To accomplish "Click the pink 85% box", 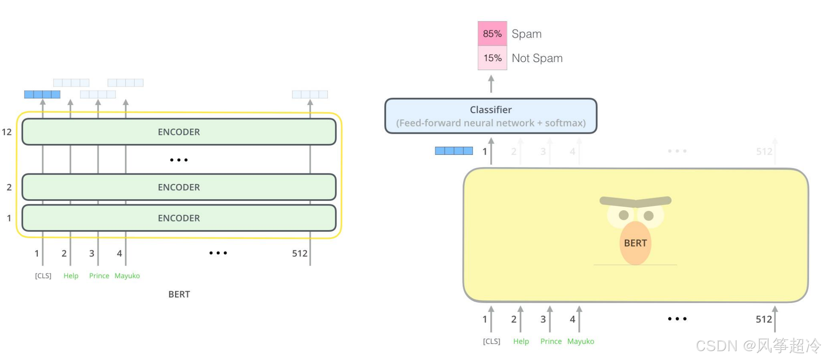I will point(492,33).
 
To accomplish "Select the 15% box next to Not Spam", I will point(492,58).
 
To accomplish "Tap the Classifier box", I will point(491,116).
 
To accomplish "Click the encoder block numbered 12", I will point(179,132).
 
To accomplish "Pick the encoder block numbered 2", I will point(179,187).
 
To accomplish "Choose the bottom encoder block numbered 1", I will point(179,218).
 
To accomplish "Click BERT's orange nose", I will point(635,243).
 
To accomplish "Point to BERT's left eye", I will point(623,215).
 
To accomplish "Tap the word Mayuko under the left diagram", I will point(127,276).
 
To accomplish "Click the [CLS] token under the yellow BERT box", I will point(491,341).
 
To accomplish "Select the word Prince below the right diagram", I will point(551,341).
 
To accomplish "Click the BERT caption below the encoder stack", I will point(179,294).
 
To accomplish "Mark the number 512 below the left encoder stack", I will point(300,253).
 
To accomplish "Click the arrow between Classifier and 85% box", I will point(491,84).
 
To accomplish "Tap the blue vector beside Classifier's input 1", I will point(454,151).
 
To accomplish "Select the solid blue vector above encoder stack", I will point(42,95).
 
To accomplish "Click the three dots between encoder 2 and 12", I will point(179,160).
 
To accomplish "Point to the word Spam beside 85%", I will point(526,34).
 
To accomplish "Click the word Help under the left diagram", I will point(71,276).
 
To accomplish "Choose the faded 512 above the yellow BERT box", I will point(764,151).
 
